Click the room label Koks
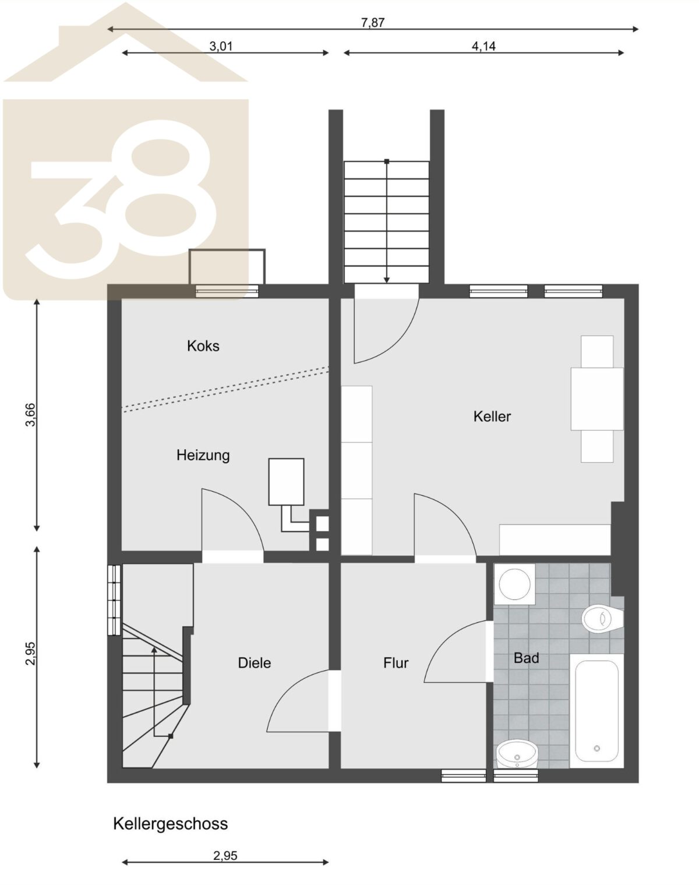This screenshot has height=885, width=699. pos(203,346)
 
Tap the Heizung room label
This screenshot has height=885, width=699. pos(203,455)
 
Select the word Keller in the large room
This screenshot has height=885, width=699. pos(492,417)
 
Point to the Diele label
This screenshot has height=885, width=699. pos(255,663)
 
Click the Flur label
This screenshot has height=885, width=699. pos(396,663)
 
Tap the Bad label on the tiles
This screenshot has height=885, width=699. pos(527,658)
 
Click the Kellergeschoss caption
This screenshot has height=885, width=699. pos(170,824)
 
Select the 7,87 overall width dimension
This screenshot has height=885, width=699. pos(373,23)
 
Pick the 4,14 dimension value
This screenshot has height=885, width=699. pos(483,46)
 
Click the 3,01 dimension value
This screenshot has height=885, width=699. pos(221,46)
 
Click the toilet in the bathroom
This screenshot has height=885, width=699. pos(602,618)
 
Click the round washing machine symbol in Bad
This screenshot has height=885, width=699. pos(514,584)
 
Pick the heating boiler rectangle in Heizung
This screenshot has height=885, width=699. pos(286,482)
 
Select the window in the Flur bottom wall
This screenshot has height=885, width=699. pos(464,775)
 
